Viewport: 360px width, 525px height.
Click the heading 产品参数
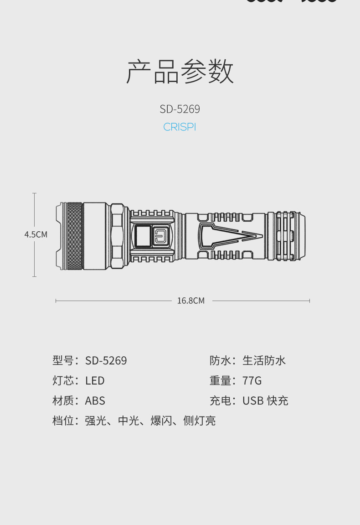[x=180, y=72]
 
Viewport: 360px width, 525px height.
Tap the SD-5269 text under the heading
[x=180, y=109]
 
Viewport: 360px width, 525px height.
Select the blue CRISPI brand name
[x=180, y=127]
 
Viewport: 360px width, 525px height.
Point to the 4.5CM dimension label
[x=36, y=234]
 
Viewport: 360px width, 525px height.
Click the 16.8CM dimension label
[x=190, y=301]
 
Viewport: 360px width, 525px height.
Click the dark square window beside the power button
[x=142, y=236]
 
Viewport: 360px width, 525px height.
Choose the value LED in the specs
[x=95, y=381]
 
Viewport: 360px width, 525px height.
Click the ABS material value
[x=95, y=401]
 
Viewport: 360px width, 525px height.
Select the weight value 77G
[x=252, y=381]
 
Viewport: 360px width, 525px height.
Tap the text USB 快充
[x=265, y=401]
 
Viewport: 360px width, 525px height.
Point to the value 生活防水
[x=264, y=361]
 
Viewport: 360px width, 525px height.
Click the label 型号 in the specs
[x=63, y=361]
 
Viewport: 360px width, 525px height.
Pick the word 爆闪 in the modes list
[x=161, y=421]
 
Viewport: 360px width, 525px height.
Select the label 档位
[x=63, y=421]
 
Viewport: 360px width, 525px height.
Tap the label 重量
[x=220, y=381]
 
